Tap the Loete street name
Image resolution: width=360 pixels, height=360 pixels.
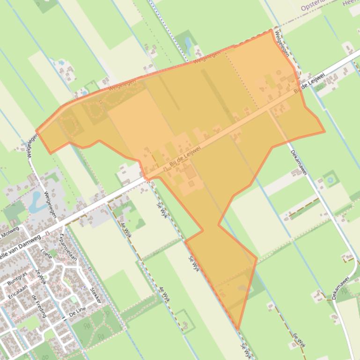point(46,255)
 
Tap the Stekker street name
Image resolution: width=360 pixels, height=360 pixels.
point(95,295)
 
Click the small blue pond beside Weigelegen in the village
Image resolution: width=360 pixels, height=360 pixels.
point(36,201)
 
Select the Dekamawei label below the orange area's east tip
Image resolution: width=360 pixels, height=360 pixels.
point(298,162)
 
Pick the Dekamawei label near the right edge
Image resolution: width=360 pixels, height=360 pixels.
point(340,288)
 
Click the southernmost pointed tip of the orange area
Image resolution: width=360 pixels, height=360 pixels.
point(238,329)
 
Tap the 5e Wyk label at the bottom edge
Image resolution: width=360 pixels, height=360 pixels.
point(246,351)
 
